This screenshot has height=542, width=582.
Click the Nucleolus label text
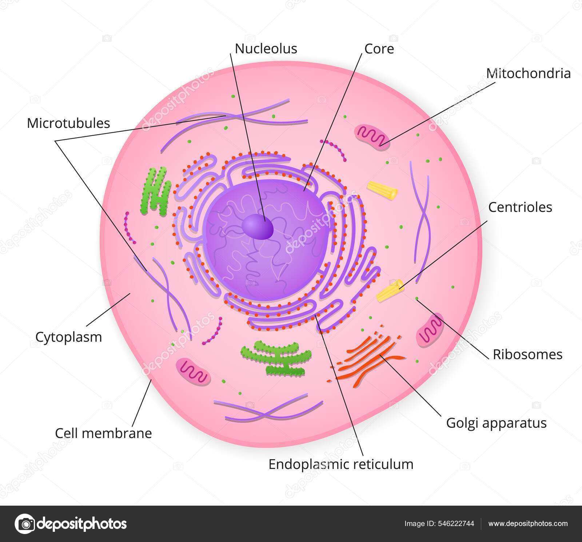pyautogui.click(x=266, y=49)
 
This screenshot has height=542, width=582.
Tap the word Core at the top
pyautogui.click(x=379, y=49)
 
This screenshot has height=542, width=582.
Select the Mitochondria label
pyautogui.click(x=528, y=73)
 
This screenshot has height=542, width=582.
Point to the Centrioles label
pyautogui.click(x=520, y=207)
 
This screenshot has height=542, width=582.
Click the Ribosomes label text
pyautogui.click(x=527, y=354)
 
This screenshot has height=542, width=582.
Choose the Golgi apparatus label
pyautogui.click(x=496, y=423)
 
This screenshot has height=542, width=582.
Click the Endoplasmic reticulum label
pyautogui.click(x=341, y=464)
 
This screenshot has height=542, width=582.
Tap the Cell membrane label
pyautogui.click(x=103, y=433)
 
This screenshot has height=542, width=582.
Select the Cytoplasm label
pyautogui.click(x=68, y=337)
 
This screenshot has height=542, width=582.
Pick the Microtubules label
pyautogui.click(x=68, y=123)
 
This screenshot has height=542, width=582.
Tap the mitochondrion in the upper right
pyautogui.click(x=373, y=137)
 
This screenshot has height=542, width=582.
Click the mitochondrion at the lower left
pyautogui.click(x=193, y=372)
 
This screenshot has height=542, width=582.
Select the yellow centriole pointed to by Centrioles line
pyautogui.click(x=390, y=291)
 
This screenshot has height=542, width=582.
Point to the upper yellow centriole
pyautogui.click(x=382, y=190)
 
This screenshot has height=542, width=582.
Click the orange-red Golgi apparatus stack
pyautogui.click(x=367, y=356)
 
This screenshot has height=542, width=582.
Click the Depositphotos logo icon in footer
pyautogui.click(x=24, y=524)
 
